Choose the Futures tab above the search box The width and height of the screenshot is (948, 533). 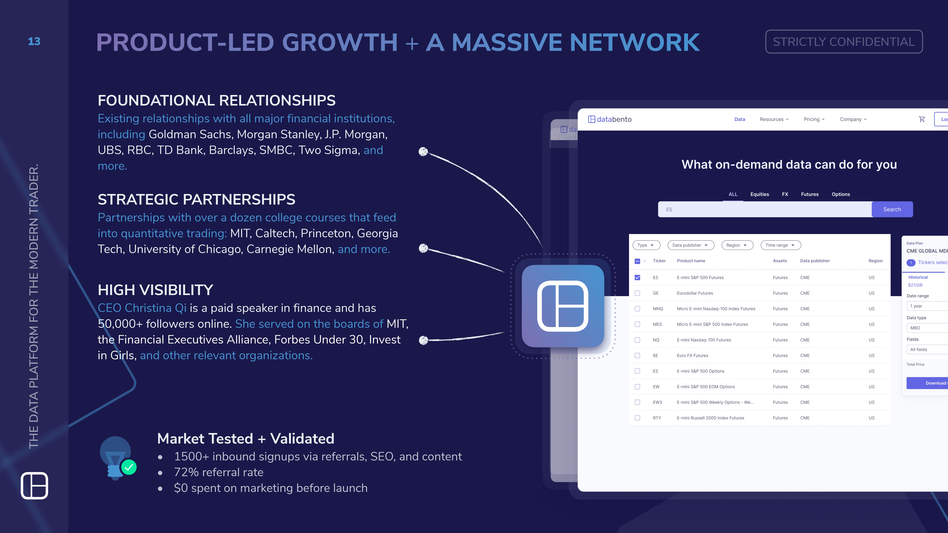point(810,194)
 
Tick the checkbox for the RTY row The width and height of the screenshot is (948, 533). point(637,418)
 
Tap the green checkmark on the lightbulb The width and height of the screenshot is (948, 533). point(129,467)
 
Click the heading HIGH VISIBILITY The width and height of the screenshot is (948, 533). point(155,290)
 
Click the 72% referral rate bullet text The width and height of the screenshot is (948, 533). point(219,472)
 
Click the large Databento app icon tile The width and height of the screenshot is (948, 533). point(563,306)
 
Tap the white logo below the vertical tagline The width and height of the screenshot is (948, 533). point(34,486)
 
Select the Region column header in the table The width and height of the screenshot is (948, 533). point(875,261)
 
